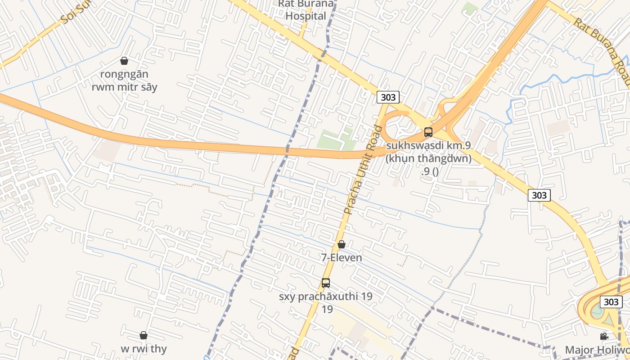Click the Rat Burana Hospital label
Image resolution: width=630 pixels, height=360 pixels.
pos(306,10)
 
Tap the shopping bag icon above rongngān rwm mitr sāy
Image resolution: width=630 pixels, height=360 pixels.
pos(124,61)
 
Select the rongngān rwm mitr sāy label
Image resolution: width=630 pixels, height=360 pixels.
pos(125,81)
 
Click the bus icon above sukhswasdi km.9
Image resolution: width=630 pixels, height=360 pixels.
pos(428,132)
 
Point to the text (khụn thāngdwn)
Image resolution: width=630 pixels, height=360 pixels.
pos(428,158)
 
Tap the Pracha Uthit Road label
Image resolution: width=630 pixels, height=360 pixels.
pos(363,170)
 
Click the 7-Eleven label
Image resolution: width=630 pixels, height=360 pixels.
pos(342,258)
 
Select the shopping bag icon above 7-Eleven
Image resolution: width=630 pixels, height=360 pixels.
pos(342,244)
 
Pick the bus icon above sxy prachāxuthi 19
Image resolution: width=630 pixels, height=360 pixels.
pos(326,283)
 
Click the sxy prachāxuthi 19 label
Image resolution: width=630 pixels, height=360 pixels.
pos(326,297)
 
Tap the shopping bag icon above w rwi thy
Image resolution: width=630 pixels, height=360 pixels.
pos(144,335)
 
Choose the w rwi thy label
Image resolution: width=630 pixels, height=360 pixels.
pos(144,349)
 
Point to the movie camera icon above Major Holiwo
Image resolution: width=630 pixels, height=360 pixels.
pos(604,337)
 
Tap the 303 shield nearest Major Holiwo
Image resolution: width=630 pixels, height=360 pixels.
pos(611,301)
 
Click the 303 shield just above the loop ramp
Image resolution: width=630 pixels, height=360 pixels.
pos(388,97)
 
